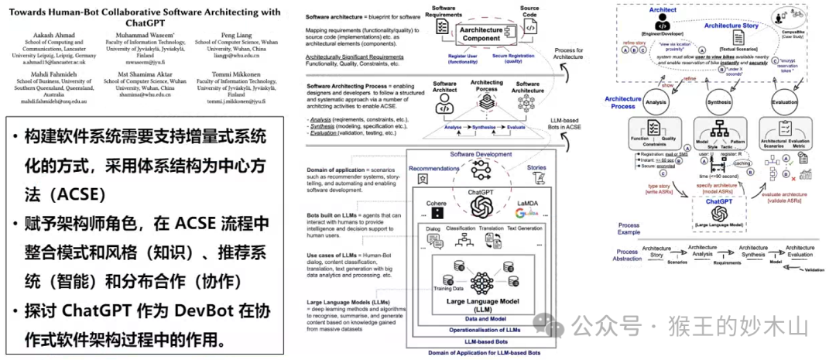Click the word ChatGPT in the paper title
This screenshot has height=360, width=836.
pyautogui.click(x=148, y=25)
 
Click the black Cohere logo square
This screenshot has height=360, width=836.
pyautogui.click(x=437, y=212)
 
